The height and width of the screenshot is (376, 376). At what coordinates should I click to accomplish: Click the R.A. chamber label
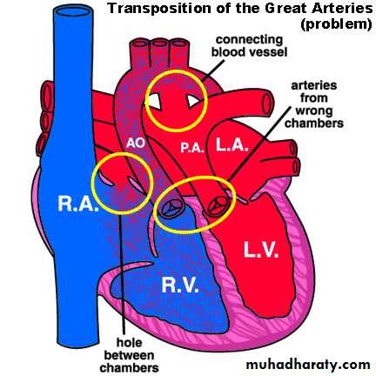pyautogui.click(x=77, y=204)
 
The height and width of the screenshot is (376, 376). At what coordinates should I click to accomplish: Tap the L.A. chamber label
pyautogui.click(x=232, y=144)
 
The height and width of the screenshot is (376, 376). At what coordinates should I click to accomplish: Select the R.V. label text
pyautogui.click(x=180, y=285)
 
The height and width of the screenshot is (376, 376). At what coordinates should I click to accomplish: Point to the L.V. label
pyautogui.click(x=261, y=249)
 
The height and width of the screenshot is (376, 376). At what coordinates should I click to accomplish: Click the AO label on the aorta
pyautogui.click(x=135, y=143)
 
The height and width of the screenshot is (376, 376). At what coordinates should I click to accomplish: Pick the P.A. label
pyautogui.click(x=191, y=148)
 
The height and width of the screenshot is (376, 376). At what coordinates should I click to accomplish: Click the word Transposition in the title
pyautogui.click(x=159, y=9)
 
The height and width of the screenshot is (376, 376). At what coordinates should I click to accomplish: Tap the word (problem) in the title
pyautogui.click(x=336, y=24)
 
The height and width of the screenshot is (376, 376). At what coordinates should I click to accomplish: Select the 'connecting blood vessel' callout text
pyautogui.click(x=249, y=46)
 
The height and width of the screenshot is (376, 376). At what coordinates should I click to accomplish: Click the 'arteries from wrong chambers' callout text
pyautogui.click(x=314, y=104)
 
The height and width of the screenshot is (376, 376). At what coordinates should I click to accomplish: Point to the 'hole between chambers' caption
pyautogui.click(x=129, y=355)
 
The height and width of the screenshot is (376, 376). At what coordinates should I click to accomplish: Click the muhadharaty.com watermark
pyautogui.click(x=308, y=365)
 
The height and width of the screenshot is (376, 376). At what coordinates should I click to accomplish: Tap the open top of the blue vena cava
pyautogui.click(x=73, y=11)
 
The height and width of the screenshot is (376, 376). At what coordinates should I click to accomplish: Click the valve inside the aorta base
pyautogui.click(x=171, y=207)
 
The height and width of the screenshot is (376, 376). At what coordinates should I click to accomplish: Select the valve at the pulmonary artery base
pyautogui.click(x=218, y=206)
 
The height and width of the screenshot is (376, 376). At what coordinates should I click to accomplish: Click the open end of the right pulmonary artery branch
pyautogui.click(x=267, y=102)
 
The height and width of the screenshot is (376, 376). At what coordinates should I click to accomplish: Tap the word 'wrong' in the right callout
pyautogui.click(x=314, y=111)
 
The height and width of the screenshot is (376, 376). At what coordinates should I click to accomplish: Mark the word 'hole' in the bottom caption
pyautogui.click(x=129, y=343)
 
